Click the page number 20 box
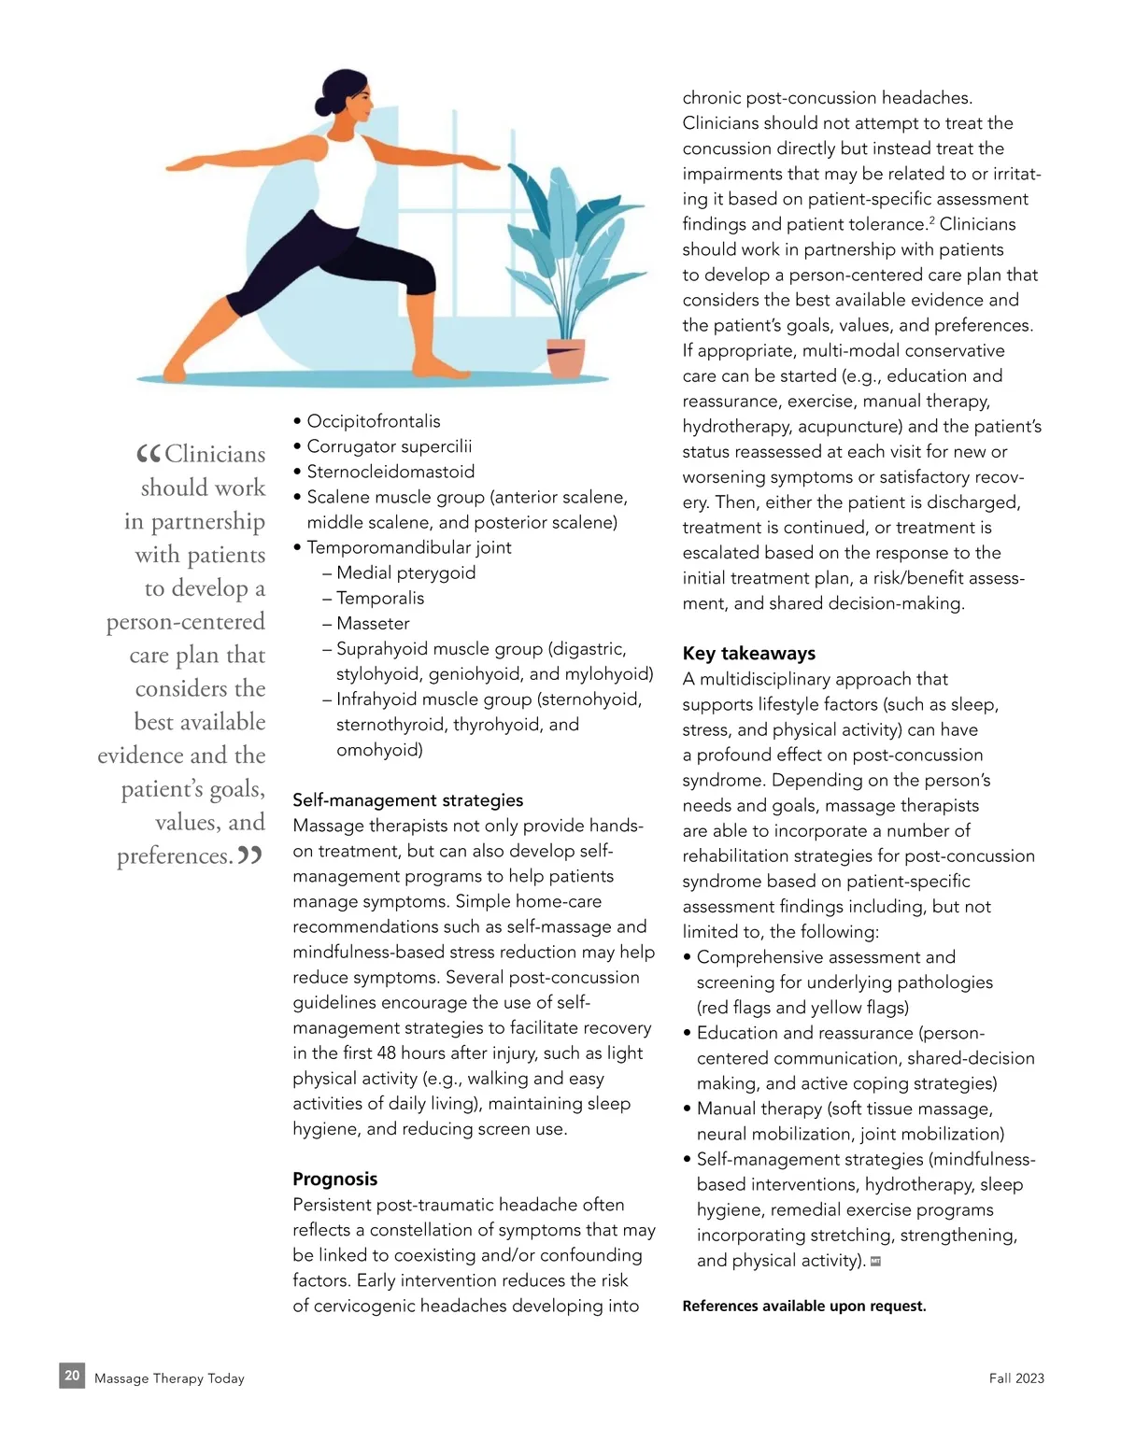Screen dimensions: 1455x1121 click(72, 1376)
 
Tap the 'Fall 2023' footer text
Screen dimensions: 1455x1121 click(1016, 1378)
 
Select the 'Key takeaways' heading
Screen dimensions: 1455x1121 click(748, 654)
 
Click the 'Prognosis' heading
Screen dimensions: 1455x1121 click(334, 1179)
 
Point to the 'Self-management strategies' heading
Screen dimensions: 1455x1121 click(407, 800)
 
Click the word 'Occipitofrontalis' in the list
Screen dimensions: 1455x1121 click(374, 421)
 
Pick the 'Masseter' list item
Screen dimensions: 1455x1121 click(373, 623)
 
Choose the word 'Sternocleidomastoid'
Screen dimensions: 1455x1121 click(390, 472)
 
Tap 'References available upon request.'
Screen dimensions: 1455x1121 click(803, 1306)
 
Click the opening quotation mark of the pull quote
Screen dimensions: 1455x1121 click(149, 455)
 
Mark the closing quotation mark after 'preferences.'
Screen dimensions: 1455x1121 click(249, 855)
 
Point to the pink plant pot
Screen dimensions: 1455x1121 click(566, 359)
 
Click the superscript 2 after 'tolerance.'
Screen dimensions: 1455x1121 click(931, 220)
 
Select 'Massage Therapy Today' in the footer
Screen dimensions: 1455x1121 click(169, 1378)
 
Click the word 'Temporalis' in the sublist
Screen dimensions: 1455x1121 click(380, 598)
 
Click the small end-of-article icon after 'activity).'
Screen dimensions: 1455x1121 click(875, 1261)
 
